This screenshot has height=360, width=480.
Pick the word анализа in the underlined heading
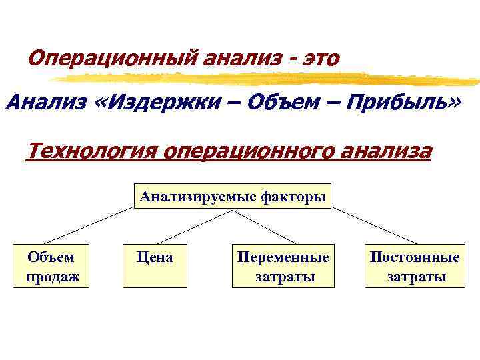click(383, 151)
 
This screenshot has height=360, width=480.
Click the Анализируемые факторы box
click(232, 196)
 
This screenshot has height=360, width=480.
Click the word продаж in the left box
click(52, 276)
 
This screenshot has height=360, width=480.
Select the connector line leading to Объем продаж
click(89, 225)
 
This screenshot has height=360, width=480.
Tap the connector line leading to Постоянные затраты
click(375, 225)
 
